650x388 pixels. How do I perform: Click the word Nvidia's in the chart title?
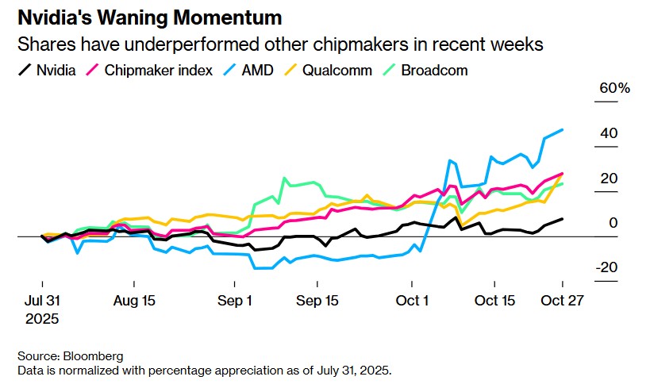click(59, 17)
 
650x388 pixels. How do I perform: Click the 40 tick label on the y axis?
click(609, 133)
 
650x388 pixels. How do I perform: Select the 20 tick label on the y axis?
click(609, 179)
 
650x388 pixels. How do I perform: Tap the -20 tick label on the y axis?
click(606, 267)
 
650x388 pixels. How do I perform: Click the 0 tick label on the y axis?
click(613, 223)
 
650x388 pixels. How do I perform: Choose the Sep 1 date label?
click(236, 301)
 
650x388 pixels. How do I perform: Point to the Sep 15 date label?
click(317, 301)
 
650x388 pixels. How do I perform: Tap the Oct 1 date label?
click(412, 301)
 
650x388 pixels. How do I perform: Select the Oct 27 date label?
click(562, 301)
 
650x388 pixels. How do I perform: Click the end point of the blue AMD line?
click(563, 129)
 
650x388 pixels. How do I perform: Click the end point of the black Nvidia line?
click(563, 219)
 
